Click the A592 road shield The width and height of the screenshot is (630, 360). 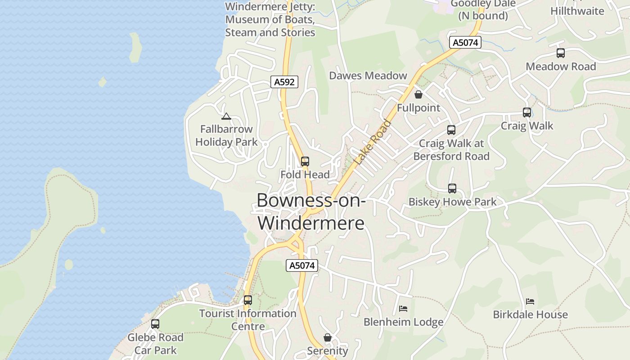(x=284, y=82)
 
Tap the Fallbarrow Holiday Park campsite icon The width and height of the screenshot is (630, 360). (x=226, y=117)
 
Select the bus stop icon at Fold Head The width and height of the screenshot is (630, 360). (x=305, y=162)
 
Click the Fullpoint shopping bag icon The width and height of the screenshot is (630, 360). (x=418, y=94)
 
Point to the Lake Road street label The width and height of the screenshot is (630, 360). (x=373, y=142)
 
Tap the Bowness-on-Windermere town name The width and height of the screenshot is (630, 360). (x=311, y=211)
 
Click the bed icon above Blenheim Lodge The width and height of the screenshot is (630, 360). (x=403, y=309)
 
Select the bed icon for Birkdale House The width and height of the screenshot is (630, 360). (x=530, y=301)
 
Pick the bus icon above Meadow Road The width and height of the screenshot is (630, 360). (x=561, y=53)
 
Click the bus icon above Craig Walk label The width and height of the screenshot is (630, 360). (x=527, y=112)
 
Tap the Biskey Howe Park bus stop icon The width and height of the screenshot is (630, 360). (x=452, y=189)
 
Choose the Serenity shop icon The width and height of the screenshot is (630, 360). (x=328, y=337)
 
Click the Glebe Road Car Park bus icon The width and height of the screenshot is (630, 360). (x=155, y=324)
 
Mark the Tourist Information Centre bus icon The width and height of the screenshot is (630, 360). (x=247, y=300)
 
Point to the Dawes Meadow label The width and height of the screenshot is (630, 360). (x=368, y=76)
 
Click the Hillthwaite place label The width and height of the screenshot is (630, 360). (x=577, y=11)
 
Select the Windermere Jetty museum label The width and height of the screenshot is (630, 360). (x=270, y=20)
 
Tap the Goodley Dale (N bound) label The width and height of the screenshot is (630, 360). (x=483, y=10)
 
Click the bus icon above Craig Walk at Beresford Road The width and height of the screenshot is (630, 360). (x=451, y=130)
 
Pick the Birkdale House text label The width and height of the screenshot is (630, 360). (x=530, y=315)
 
